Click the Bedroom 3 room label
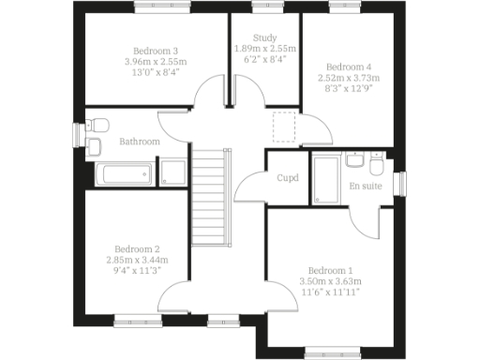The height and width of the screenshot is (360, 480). click(156, 51)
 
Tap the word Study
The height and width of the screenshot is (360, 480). click(264, 37)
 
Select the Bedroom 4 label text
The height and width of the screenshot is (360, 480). click(348, 67)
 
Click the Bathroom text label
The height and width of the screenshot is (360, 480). click(139, 142)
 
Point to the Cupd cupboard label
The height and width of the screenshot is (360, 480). click(287, 177)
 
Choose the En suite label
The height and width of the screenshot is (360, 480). click(367, 187)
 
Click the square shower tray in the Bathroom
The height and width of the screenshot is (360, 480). click(173, 172)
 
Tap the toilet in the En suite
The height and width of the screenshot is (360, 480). click(375, 165)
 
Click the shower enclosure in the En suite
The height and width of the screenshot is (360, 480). click(326, 179)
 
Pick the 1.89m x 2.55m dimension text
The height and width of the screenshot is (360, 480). click(264, 48)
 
